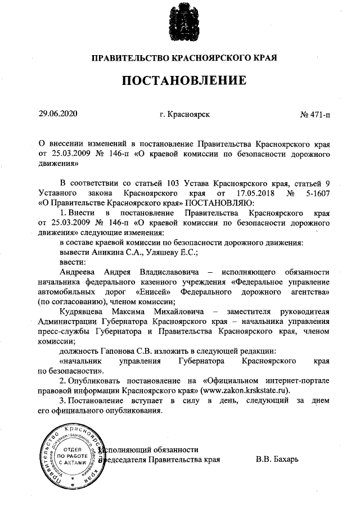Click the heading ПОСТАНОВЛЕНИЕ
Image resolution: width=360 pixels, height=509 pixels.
(x=184, y=80)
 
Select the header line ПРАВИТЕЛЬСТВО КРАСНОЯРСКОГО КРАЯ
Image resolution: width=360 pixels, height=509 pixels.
(x=184, y=58)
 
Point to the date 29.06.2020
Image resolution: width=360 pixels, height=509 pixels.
(x=56, y=114)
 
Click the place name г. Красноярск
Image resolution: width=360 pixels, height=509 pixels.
(x=184, y=114)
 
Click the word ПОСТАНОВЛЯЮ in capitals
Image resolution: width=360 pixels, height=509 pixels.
(x=220, y=202)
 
